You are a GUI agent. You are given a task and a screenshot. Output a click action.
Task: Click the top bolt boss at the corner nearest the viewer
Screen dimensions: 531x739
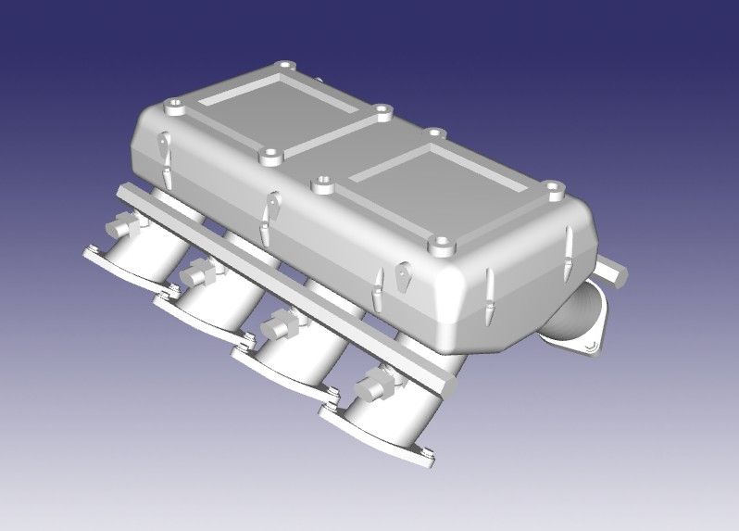click(x=441, y=247)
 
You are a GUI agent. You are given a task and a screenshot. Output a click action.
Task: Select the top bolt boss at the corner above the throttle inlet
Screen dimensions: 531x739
click(x=553, y=190)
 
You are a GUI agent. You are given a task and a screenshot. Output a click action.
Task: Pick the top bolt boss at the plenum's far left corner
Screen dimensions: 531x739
click(x=172, y=108)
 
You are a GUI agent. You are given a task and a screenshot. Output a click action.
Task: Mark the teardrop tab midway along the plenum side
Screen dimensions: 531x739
click(x=271, y=207)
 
